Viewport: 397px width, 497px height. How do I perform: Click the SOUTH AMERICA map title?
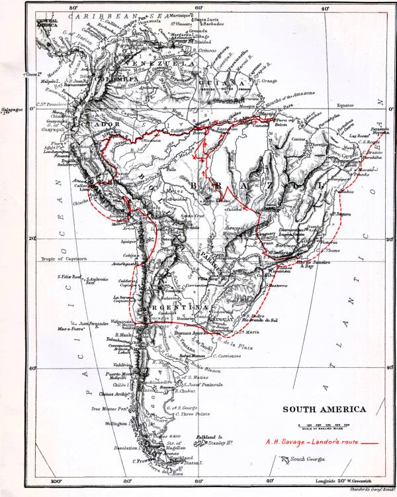(x=324, y=410)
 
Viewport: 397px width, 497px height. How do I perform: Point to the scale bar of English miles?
(x=324, y=424)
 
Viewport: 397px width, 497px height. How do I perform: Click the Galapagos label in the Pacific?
(x=9, y=112)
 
